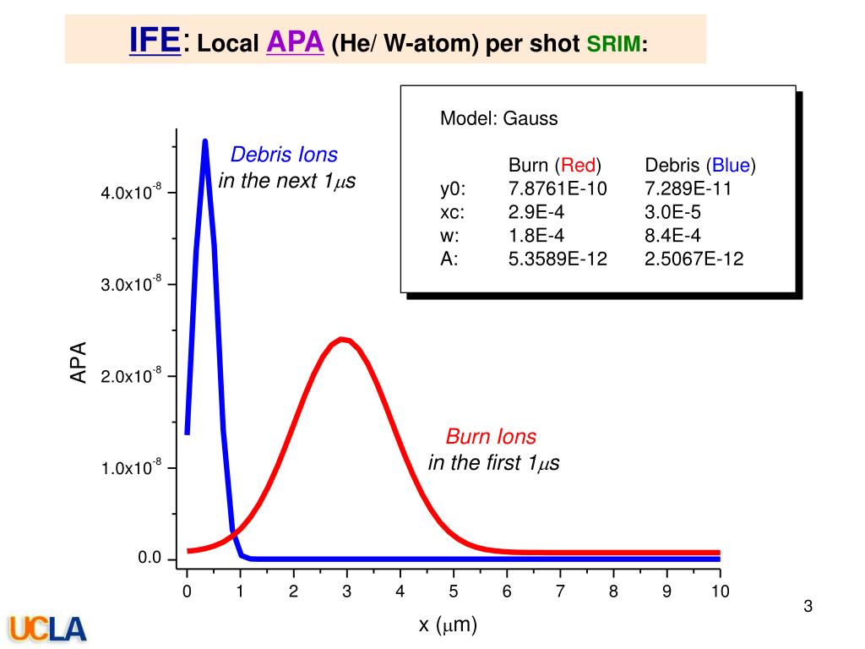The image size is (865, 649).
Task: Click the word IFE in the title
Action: point(155,39)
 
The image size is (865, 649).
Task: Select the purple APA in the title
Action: point(296,42)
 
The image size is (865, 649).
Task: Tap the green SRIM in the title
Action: point(614,44)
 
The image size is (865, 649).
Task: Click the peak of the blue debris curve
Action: point(205,142)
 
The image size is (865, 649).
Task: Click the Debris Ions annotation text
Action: point(284,155)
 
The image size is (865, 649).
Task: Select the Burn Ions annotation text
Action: point(491,437)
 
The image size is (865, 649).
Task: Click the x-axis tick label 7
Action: point(560,592)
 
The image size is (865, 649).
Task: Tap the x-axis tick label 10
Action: point(720,592)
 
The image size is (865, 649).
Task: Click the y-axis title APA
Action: point(79,363)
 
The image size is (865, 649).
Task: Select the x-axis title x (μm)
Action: point(448,625)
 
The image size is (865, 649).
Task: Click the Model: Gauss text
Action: point(498,118)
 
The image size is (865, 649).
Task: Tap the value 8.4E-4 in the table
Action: point(672,236)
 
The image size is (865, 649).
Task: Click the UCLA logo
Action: point(48,628)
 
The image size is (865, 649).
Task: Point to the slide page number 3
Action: point(808,606)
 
